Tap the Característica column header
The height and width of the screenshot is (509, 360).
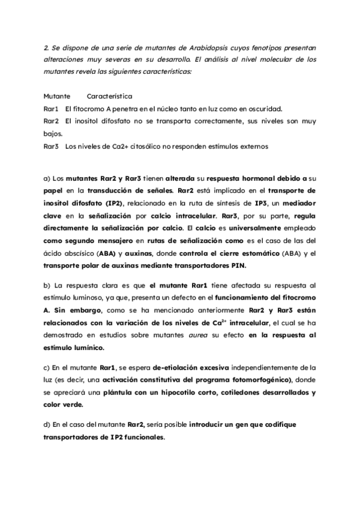pos(109,96)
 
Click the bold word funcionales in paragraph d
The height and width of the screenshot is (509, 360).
pos(142,437)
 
